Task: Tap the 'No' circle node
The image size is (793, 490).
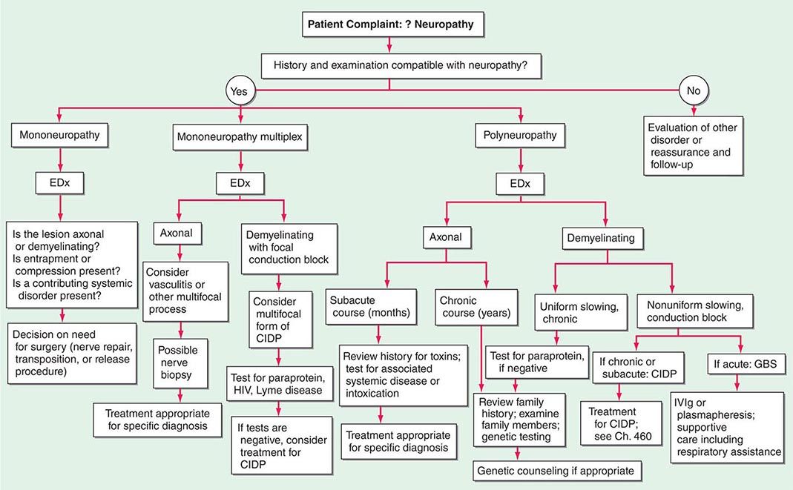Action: coord(694,91)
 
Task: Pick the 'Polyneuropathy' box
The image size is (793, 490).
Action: coord(521,136)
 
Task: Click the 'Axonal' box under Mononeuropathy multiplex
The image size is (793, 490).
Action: coord(177,232)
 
